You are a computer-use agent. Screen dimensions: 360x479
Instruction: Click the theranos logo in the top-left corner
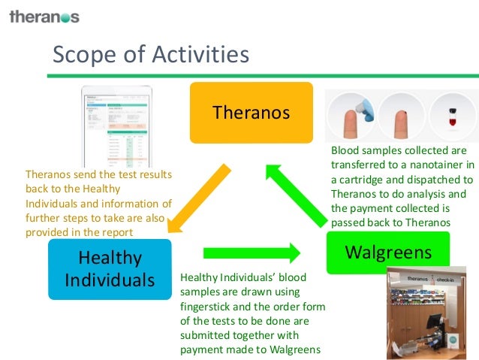coord(44,16)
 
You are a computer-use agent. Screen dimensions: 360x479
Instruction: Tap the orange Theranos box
coord(251,113)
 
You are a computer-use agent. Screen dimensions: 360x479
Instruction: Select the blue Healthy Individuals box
coord(110,268)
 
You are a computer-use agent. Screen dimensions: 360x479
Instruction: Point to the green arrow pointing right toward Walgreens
coord(252,252)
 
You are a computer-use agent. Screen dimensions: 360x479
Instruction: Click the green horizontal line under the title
coord(263,75)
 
